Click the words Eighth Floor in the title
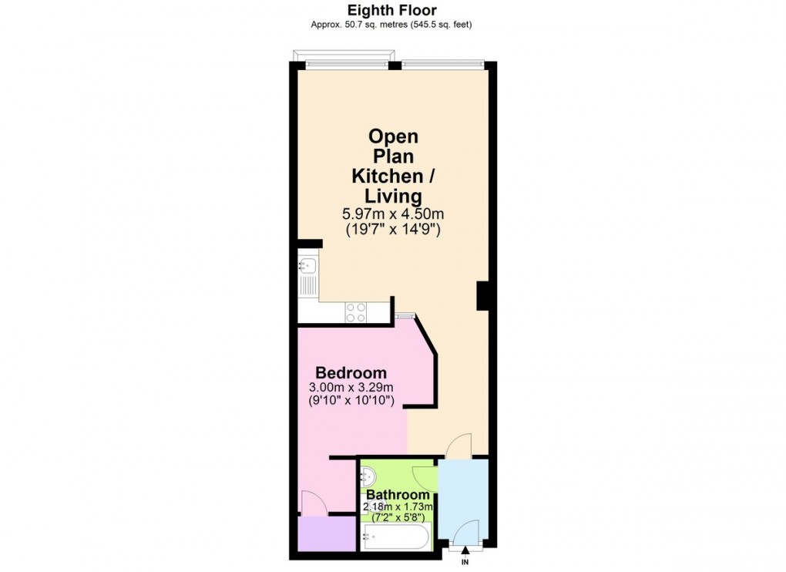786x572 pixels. (391, 10)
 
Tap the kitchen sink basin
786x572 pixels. (306, 267)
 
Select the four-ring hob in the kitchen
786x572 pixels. (356, 311)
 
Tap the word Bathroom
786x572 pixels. (398, 495)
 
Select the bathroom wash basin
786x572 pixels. (369, 478)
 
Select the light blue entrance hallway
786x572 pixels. (462, 493)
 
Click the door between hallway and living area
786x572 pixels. (460, 446)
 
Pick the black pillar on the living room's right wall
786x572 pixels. (483, 295)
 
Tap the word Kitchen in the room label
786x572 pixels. (385, 176)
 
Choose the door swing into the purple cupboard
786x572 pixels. (313, 504)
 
